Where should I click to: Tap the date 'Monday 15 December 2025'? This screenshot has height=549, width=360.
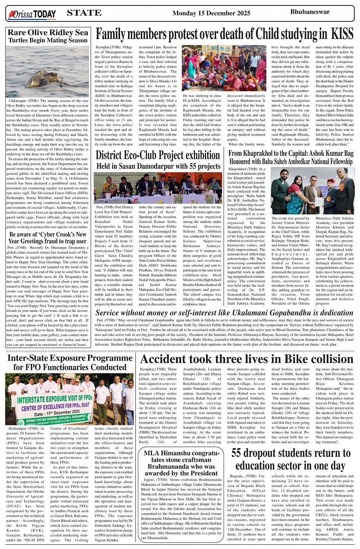click(211, 13)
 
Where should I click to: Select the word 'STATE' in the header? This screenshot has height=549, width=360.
click(84, 13)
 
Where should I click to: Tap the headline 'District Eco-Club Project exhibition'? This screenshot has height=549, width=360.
click(158, 155)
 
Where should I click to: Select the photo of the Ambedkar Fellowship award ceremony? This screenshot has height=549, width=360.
click(312, 190)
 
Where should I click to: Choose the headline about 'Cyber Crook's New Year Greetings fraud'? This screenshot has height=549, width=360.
click(48, 238)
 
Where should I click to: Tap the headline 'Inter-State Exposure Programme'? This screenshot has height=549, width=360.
click(70, 358)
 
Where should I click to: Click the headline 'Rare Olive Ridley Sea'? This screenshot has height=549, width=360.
click(48, 32)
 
